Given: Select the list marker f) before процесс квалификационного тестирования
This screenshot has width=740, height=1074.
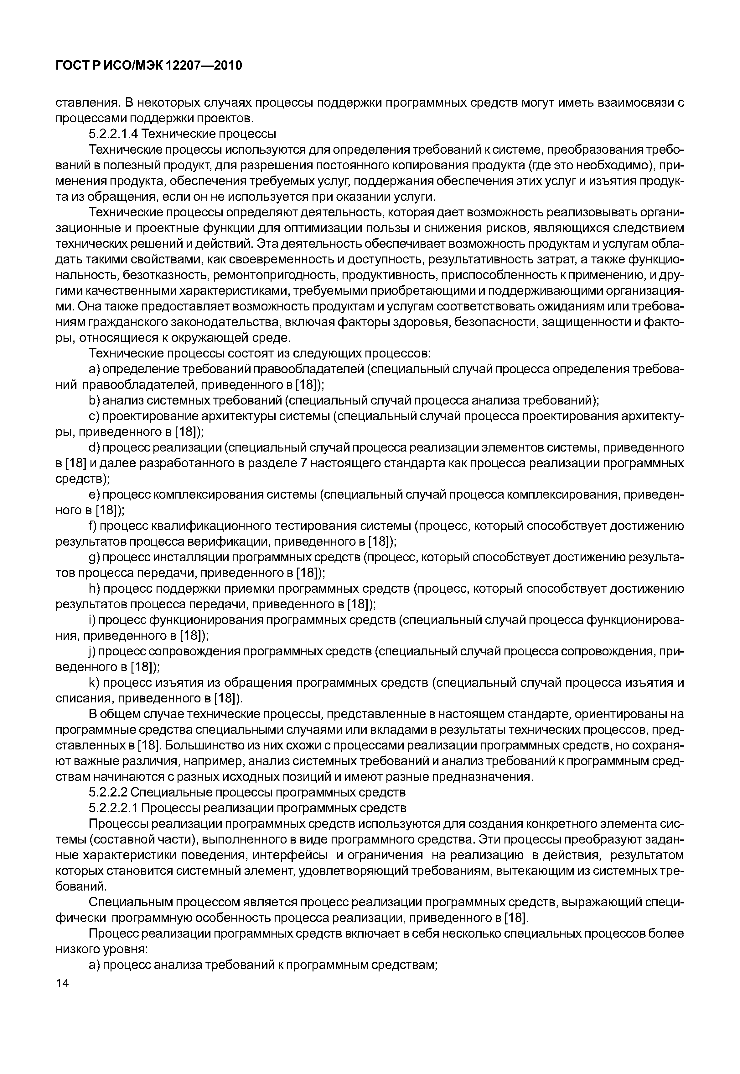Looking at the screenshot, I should (x=93, y=526).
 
